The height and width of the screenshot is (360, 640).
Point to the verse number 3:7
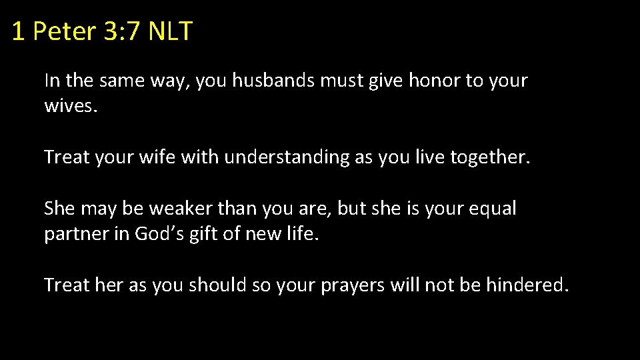tap(121, 31)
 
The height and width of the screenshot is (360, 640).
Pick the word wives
tap(71, 107)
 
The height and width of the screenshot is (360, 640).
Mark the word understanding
tap(287, 157)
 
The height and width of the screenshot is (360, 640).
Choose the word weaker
tap(177, 209)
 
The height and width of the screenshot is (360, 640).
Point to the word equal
tap(493, 209)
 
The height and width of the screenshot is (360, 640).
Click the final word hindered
tap(527, 285)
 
